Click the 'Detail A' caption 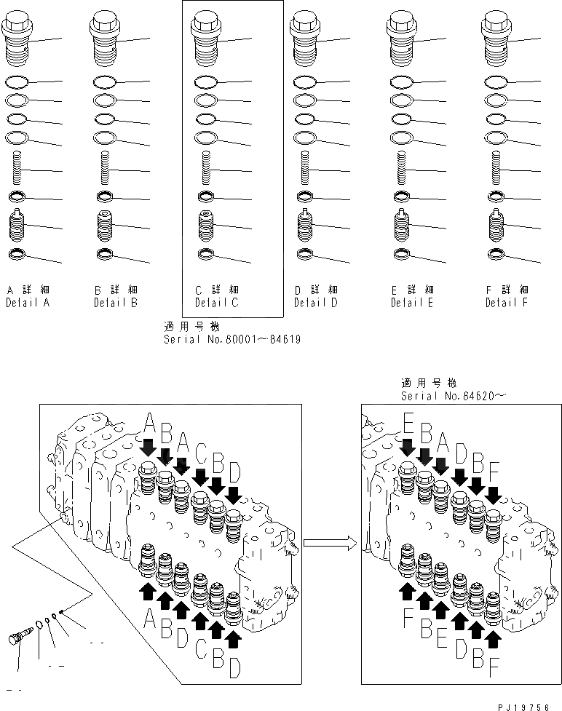(28, 302)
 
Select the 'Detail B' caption (115, 302)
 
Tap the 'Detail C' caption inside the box (216, 302)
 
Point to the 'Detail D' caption (315, 302)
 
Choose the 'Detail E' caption (411, 302)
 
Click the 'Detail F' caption (507, 302)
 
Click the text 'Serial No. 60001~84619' (232, 338)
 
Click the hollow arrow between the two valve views (330, 541)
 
